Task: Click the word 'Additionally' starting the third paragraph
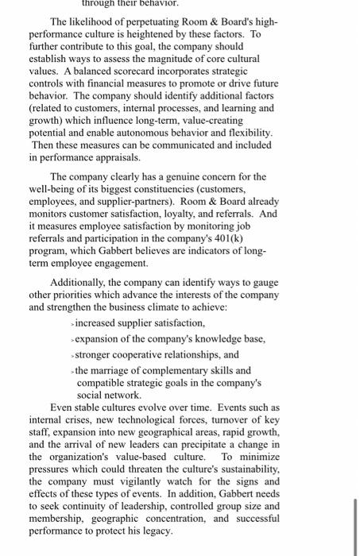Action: click(x=80, y=284)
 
